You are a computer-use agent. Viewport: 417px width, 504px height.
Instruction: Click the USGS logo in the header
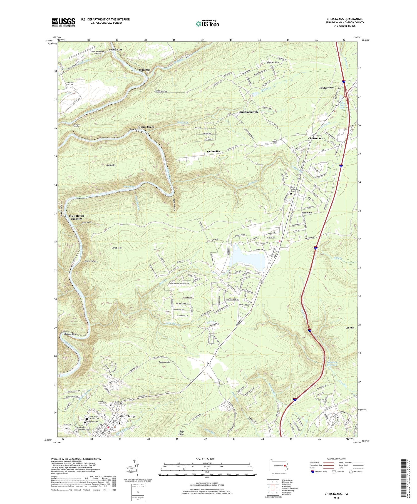click(x=63, y=22)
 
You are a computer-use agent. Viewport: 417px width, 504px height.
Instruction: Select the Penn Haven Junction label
click(x=76, y=217)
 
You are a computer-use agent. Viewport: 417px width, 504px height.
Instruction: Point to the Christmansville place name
click(x=248, y=112)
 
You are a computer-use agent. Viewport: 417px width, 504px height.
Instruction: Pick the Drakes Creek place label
click(x=146, y=127)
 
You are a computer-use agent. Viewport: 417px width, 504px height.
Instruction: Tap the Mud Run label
click(x=145, y=69)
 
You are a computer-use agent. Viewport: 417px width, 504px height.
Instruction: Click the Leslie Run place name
click(x=115, y=49)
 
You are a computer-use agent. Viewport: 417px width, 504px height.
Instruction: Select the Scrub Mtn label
click(x=115, y=247)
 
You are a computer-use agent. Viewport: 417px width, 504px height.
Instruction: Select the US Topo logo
click(x=207, y=24)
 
